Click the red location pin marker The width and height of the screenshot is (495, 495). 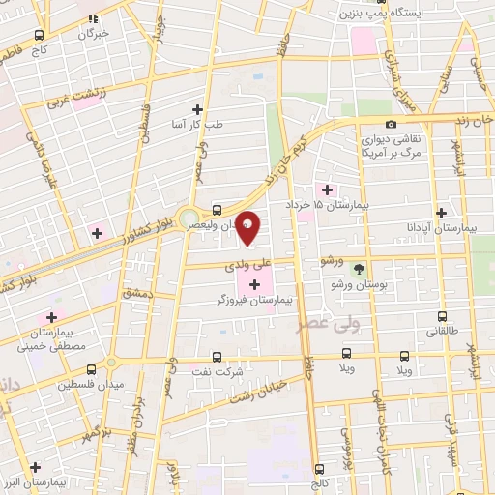point(248,227)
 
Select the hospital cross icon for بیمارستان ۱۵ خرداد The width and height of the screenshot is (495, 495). point(326,190)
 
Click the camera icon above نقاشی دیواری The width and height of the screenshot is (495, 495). point(391,124)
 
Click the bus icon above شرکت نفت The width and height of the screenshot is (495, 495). point(216,357)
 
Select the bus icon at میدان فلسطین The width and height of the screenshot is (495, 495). point(91,369)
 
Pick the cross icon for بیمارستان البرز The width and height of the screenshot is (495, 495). point(35,466)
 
